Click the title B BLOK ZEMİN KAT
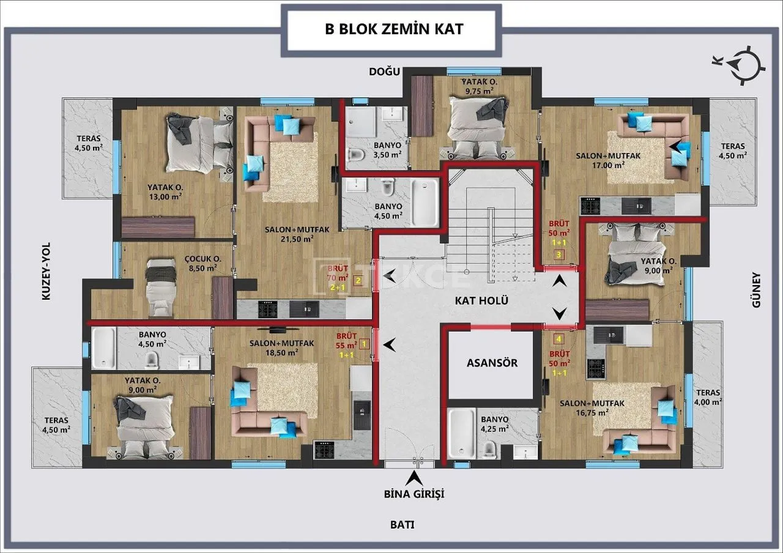click(394, 29)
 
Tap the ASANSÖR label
click(492, 363)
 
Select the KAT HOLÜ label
click(481, 300)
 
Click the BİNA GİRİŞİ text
click(414, 494)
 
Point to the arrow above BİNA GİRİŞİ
click(414, 477)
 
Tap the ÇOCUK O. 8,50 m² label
click(202, 264)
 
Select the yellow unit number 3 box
click(558, 255)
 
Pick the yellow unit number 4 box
click(559, 339)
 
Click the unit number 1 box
click(364, 344)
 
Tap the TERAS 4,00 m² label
click(708, 398)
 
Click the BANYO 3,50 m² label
click(387, 150)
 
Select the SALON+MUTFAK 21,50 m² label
click(297, 234)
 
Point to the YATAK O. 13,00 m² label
click(165, 192)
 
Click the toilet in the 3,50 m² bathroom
click(356, 154)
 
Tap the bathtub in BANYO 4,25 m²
click(462, 434)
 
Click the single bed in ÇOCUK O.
click(160, 288)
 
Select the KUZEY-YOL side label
click(46, 271)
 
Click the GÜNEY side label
click(756, 290)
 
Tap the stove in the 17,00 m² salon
click(590, 206)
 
